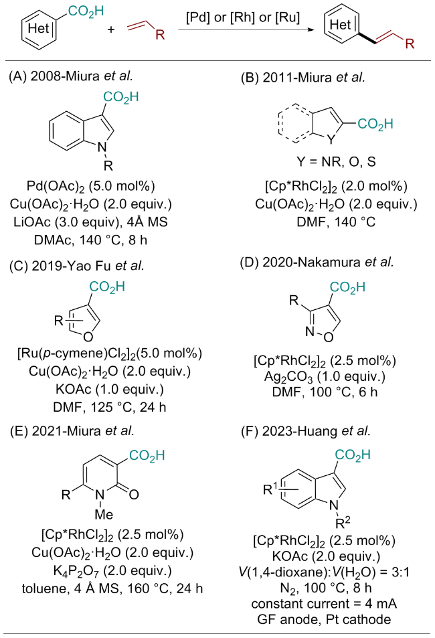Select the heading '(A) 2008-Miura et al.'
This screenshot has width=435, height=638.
(x=70, y=77)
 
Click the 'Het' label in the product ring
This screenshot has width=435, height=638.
(x=337, y=27)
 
